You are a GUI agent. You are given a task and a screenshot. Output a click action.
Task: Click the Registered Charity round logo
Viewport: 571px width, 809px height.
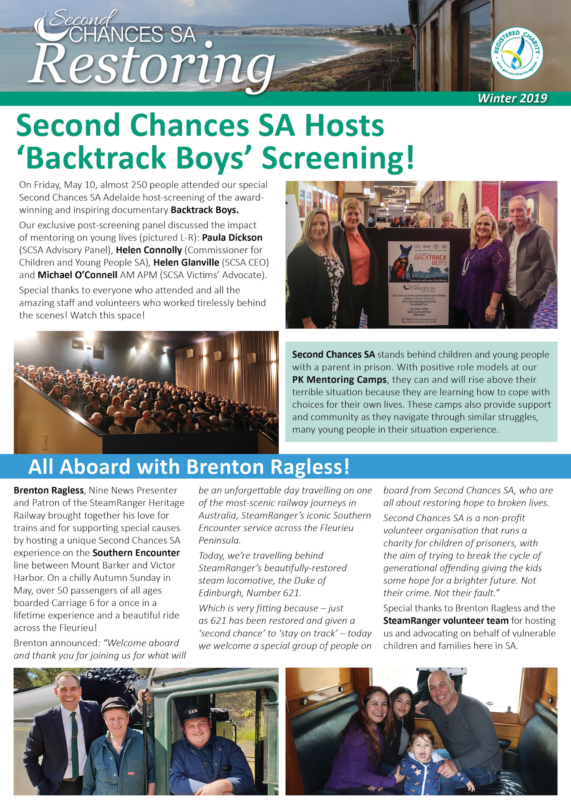click(517, 54)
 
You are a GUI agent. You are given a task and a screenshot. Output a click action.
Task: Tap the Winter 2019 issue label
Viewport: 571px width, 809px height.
click(512, 98)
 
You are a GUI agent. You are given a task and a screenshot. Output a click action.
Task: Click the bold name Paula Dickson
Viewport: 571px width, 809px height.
click(232, 238)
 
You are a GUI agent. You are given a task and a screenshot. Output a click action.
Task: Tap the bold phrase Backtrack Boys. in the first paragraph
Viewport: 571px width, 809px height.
click(204, 210)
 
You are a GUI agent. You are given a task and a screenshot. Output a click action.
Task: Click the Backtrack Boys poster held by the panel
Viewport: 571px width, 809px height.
click(419, 283)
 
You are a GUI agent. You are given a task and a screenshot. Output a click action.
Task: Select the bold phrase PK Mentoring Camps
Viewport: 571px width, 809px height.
click(339, 380)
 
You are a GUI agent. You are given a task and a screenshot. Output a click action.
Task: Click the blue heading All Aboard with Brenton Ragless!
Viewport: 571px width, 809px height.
click(189, 467)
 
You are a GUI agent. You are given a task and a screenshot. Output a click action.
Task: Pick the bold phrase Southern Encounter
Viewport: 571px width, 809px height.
click(136, 553)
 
